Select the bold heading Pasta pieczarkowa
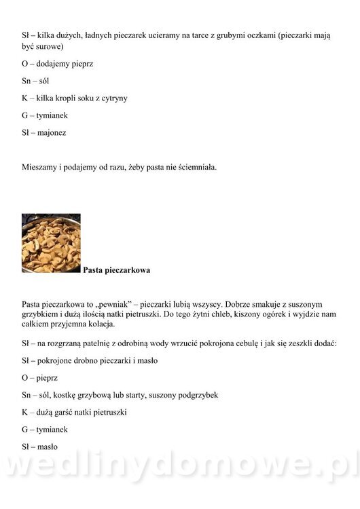[x=116, y=270]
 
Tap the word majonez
[x=52, y=133]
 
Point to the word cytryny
[x=113, y=98]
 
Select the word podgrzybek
[x=199, y=395]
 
